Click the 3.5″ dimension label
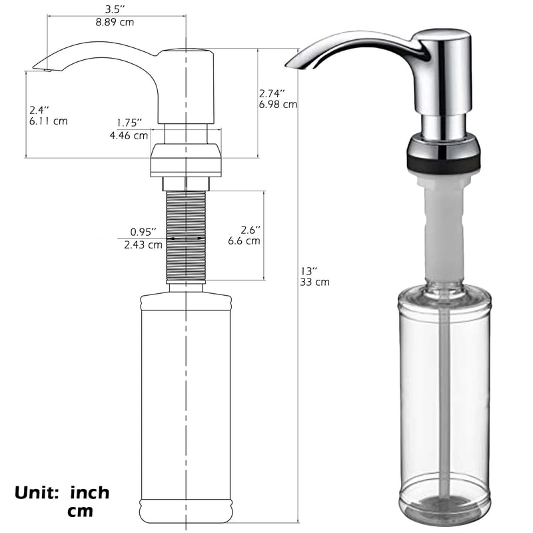pos(115,9)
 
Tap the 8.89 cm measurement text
pos(115,22)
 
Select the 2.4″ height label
pos(39,109)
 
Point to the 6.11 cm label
pos(47,121)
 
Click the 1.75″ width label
pos(129,123)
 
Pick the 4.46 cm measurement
pos(129,135)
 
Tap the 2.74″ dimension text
pos(272,93)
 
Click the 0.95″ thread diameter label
pos(143,232)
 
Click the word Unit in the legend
pos(39,494)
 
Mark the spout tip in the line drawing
pos(37,67)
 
